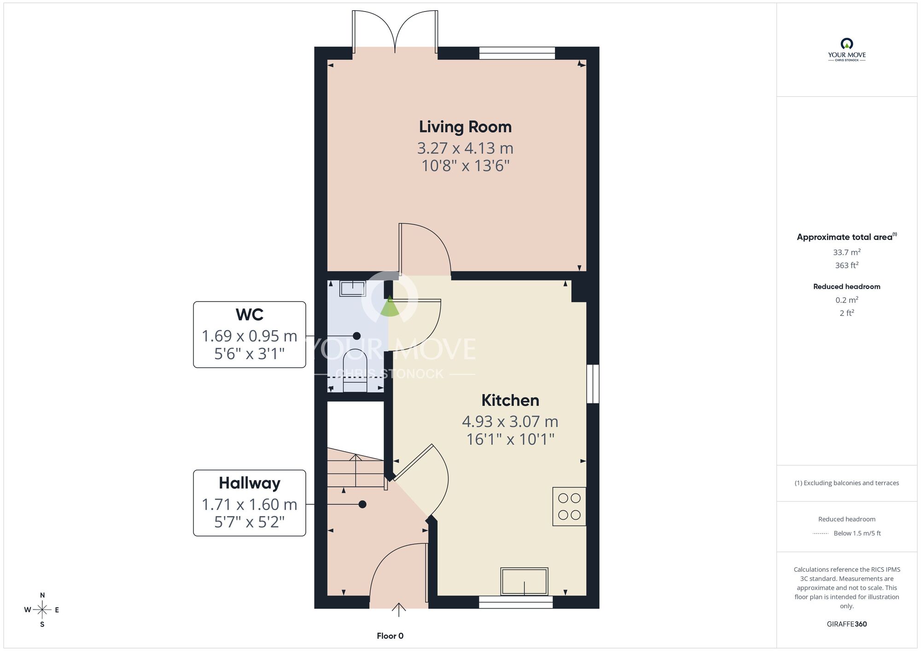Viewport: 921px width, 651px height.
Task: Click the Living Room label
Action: [465, 127]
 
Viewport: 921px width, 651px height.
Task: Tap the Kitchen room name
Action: [510, 401]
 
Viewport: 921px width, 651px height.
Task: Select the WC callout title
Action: [250, 315]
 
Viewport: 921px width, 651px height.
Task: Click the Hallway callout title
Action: [250, 483]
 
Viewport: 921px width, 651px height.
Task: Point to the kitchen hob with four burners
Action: [569, 506]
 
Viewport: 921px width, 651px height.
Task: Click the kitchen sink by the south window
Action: [524, 581]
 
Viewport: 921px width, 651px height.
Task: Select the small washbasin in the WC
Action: [352, 289]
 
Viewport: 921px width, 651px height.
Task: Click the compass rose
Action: [42, 610]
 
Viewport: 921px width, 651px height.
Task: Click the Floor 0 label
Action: [390, 636]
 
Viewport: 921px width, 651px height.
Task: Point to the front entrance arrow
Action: [399, 610]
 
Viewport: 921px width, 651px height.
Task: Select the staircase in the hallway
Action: [356, 467]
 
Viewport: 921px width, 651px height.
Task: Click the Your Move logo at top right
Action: [847, 50]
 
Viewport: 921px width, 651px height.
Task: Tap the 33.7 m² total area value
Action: [847, 252]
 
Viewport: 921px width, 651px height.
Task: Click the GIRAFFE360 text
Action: [847, 624]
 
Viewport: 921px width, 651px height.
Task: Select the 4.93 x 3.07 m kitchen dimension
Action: [510, 422]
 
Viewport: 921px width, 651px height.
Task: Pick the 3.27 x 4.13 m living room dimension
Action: [465, 148]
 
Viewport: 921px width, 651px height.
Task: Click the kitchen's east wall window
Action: [593, 384]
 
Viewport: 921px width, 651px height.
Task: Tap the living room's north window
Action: [517, 53]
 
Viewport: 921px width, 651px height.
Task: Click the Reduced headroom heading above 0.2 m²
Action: [847, 286]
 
